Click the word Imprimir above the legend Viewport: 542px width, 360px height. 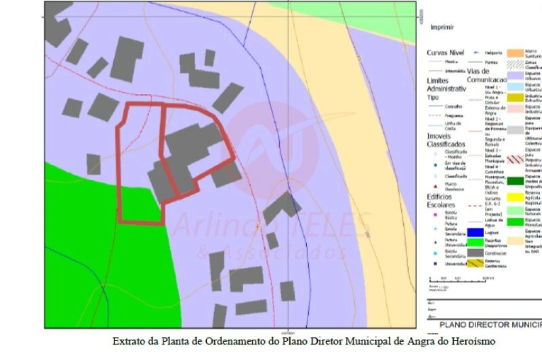(442, 27)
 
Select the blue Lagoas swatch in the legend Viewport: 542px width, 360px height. (475, 232)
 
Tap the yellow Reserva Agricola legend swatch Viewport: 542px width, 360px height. (515, 197)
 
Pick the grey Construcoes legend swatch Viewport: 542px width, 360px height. (475, 253)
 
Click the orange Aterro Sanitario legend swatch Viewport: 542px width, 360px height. (515, 52)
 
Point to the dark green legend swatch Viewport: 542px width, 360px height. (515, 181)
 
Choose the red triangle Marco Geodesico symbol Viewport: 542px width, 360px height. (435, 185)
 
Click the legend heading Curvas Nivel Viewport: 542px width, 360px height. (445, 52)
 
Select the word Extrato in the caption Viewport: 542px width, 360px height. (127, 341)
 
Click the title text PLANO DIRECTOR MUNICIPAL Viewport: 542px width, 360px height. (490, 325)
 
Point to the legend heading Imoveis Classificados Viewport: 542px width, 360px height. (445, 140)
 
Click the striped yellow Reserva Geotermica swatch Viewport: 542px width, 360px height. (475, 263)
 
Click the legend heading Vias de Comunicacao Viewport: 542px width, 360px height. (486, 75)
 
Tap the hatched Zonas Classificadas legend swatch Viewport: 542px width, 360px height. (515, 63)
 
